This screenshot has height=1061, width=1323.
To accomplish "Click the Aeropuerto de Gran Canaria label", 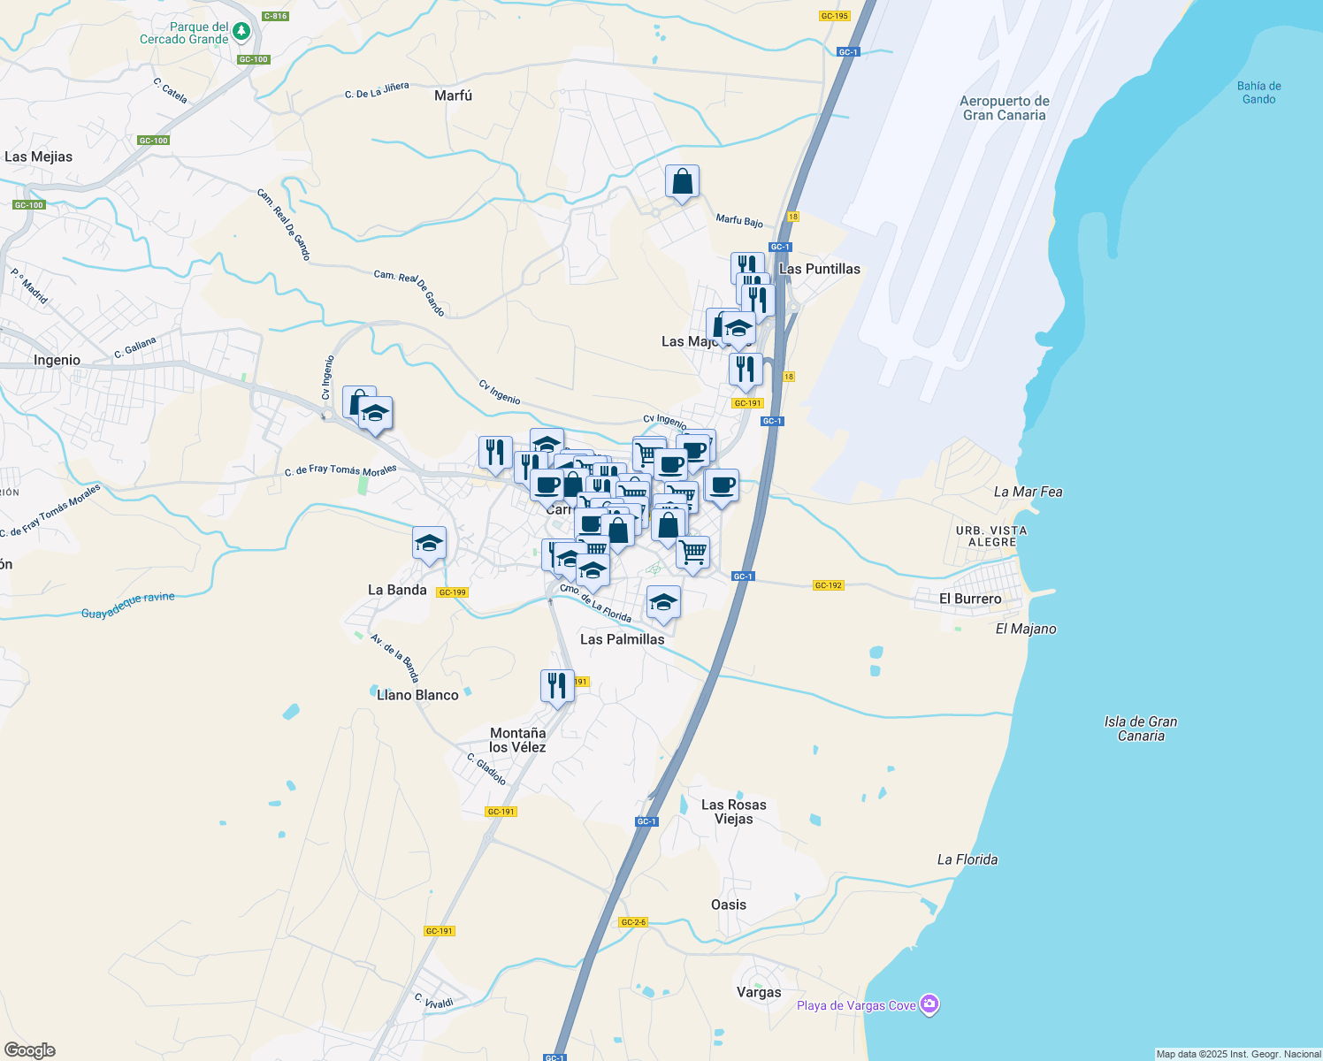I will (1004, 108).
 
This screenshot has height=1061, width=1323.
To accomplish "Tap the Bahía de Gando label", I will (1258, 93).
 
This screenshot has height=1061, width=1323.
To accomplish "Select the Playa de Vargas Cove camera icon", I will (929, 1004).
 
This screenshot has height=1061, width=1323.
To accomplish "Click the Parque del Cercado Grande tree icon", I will (241, 32).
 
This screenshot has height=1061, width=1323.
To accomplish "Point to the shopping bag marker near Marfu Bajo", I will (682, 182).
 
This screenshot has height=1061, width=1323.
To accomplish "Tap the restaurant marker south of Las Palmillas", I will (557, 685).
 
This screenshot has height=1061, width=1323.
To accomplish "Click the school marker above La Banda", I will (429, 544).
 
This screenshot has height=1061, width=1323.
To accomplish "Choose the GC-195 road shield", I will (834, 16).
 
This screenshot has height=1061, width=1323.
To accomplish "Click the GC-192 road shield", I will (828, 585).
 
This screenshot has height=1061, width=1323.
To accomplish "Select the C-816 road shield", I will (275, 16).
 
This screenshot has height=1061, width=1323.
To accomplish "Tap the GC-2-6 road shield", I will (633, 922).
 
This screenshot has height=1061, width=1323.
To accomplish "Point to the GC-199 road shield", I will (452, 592).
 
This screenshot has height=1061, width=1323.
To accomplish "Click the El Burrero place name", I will (970, 599).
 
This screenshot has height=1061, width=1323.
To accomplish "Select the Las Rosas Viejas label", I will (733, 812).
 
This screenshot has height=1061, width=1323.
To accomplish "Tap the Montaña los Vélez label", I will (517, 740).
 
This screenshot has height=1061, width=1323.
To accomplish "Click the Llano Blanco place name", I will (417, 695).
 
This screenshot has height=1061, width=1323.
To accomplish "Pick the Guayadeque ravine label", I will (128, 606).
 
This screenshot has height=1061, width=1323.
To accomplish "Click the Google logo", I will (30, 1050).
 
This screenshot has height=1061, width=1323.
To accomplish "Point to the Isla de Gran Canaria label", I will (1141, 729).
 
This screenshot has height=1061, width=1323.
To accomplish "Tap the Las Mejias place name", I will (39, 156).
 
